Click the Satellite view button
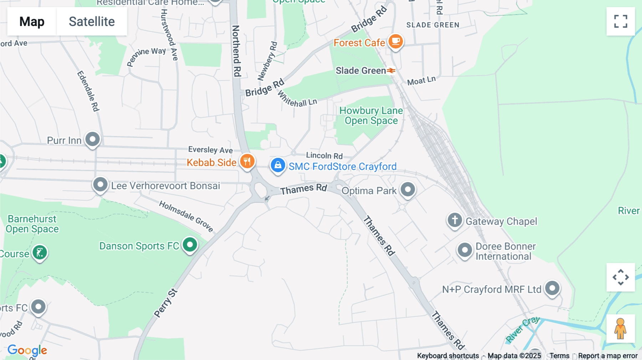click(x=92, y=21)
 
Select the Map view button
click(x=32, y=21)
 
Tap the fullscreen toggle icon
click(x=621, y=21)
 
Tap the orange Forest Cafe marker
click(x=396, y=42)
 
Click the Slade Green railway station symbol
click(x=391, y=71)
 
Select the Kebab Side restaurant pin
click(x=247, y=161)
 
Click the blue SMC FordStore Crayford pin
click(x=277, y=165)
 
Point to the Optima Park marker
click(x=408, y=189)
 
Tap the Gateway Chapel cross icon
click(x=455, y=220)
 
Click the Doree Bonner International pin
click(x=465, y=250)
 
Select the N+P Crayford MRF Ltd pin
click(x=552, y=288)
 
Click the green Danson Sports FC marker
click(x=190, y=245)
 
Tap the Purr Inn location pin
click(x=93, y=139)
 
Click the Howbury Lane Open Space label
click(x=371, y=115)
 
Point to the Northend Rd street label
click(x=236, y=51)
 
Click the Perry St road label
click(x=165, y=303)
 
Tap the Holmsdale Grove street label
click(x=186, y=216)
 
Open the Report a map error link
click(x=608, y=356)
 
